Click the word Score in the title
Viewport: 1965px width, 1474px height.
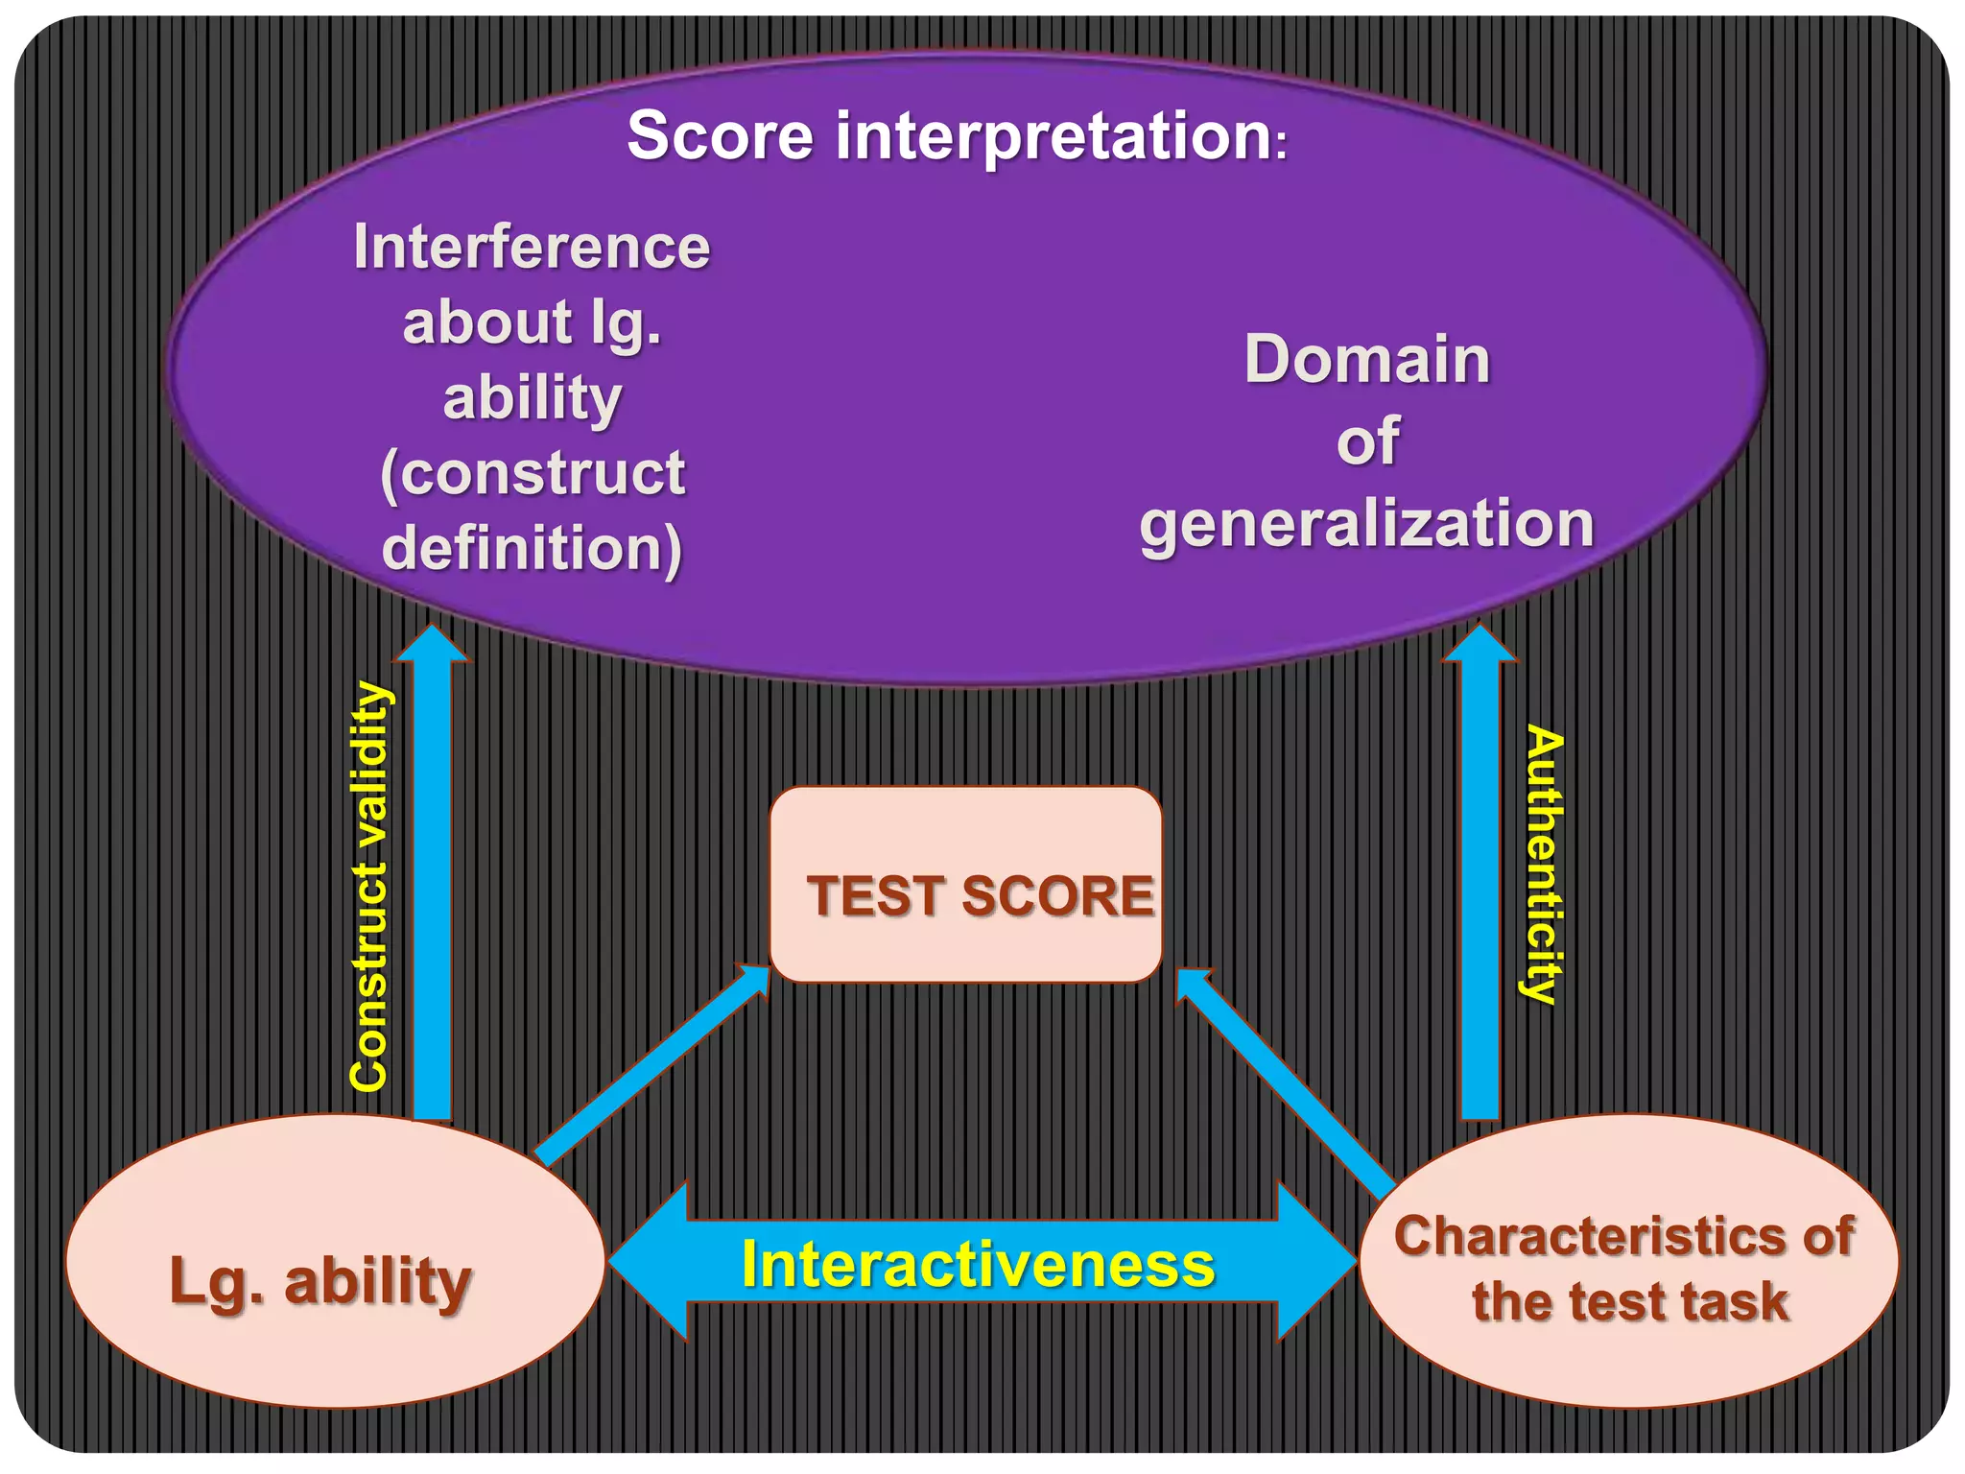tap(720, 135)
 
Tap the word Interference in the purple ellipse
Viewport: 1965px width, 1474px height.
tap(532, 248)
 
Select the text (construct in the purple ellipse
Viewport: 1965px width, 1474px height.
tap(533, 472)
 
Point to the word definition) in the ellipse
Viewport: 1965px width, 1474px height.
tap(533, 548)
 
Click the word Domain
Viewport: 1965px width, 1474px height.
tap(1367, 359)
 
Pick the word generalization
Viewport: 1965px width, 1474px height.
tap(1366, 524)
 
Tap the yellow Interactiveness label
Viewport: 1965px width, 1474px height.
tap(978, 1264)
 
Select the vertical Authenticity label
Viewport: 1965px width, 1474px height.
tap(1543, 864)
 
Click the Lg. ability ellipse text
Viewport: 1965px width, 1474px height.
tap(320, 1281)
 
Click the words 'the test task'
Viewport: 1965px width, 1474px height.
tap(1629, 1302)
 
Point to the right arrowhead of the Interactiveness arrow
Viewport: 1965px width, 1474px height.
tap(1316, 1261)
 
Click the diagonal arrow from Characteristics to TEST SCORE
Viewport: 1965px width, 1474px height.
tap(1286, 1084)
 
